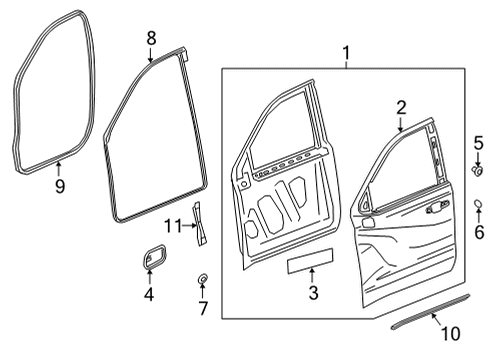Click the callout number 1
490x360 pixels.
tap(346, 53)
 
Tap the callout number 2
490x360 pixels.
tap(399, 107)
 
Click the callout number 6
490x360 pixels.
tap(478, 232)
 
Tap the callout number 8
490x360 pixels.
tap(151, 37)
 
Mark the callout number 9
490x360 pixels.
tap(60, 185)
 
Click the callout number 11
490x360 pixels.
tap(171, 226)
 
